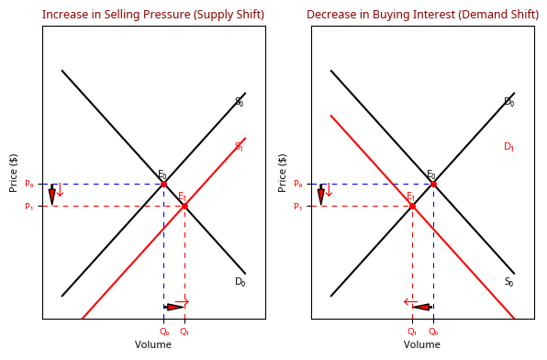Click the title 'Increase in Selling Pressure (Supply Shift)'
coord(153,15)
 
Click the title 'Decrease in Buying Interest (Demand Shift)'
coord(422,15)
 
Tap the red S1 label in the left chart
coord(239,147)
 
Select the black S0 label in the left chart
coord(239,102)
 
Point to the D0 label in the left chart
coord(240,282)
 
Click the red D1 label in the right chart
coord(508,147)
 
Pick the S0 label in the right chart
coord(508,282)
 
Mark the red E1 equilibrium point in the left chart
coord(184,206)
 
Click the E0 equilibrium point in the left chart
coord(163,184)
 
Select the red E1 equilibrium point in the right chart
coord(412,206)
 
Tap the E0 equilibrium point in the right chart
coord(433,184)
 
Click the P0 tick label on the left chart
coord(28,184)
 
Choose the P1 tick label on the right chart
coord(297,207)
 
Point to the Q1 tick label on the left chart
coord(184,332)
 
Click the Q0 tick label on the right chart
coord(433,332)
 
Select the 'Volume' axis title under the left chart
coord(153,345)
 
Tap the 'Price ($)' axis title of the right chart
coord(283,173)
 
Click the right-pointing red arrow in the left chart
coord(182,301)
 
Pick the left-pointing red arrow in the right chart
coord(410,301)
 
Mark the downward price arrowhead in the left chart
coord(52,197)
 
